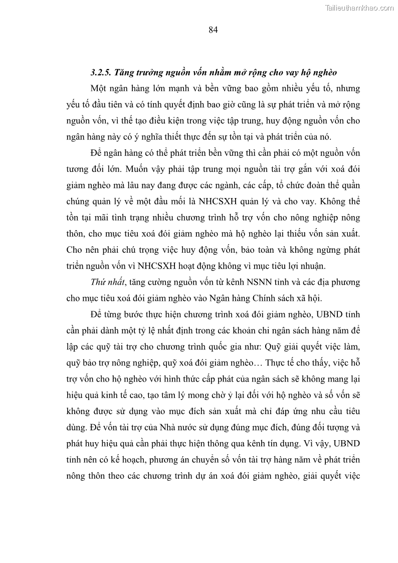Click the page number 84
[x=213, y=30]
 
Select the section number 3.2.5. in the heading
[x=102, y=73]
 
